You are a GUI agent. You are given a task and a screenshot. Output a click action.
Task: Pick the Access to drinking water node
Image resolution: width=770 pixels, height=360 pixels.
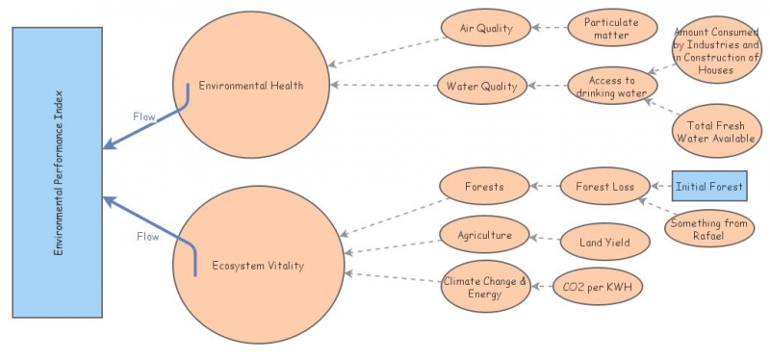point(604,88)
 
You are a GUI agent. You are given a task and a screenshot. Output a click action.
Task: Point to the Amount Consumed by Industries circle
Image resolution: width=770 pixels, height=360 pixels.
point(715,49)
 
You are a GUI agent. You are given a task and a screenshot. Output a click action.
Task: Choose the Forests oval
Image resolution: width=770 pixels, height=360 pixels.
point(483,187)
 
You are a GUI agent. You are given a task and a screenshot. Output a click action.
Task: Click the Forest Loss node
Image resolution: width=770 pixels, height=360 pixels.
point(604,187)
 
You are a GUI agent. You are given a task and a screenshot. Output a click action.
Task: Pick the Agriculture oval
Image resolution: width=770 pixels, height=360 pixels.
point(483,235)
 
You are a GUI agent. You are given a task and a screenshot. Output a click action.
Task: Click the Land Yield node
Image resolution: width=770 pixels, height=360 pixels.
point(604,243)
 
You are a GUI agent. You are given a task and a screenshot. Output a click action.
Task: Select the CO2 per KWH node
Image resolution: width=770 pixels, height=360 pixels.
point(597,287)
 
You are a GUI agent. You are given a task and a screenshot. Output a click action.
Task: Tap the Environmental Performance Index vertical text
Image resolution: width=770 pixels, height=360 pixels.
point(58,173)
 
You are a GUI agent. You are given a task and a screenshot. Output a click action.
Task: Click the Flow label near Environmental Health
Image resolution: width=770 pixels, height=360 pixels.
point(144,116)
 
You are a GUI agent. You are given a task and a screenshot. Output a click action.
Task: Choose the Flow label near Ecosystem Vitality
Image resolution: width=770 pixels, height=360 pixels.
point(147,236)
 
